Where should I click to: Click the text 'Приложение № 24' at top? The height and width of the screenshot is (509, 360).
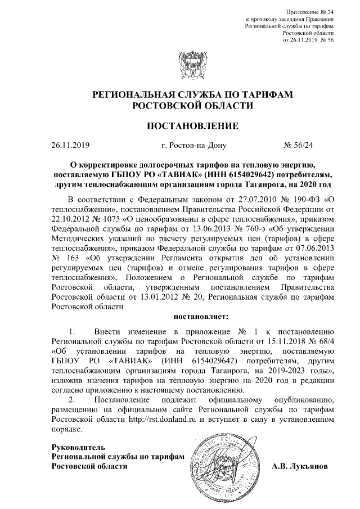coord(310,11)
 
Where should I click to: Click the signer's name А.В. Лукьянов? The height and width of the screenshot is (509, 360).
coord(303,466)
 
